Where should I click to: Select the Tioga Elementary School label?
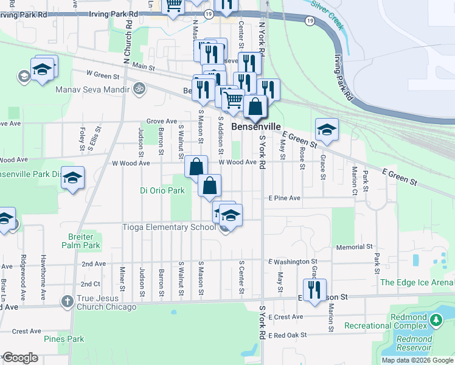coord(173,228)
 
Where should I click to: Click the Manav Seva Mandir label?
coord(92,89)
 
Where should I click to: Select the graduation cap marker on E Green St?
coord(327,128)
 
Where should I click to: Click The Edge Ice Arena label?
coord(417,282)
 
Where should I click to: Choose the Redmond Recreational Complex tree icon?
coord(436,319)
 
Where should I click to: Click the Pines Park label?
coord(63,338)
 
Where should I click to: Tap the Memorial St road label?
coord(353,247)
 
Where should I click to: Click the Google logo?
coord(20,358)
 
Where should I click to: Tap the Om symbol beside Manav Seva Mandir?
coord(139,89)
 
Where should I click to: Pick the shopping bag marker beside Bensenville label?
coord(256,106)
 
